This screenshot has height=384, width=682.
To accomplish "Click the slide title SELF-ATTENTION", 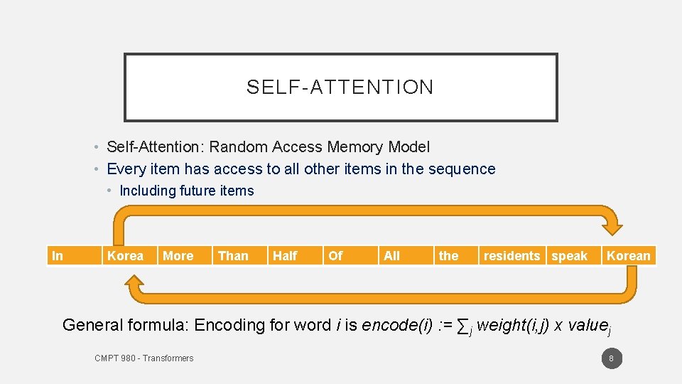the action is (340, 87).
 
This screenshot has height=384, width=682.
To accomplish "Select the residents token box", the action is (512, 256).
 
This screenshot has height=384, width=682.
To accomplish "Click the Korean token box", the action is (629, 256).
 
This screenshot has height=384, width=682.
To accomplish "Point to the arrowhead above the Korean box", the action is (612, 225).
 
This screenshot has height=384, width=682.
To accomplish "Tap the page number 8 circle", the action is (612, 358).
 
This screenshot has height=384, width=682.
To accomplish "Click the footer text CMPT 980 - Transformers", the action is (144, 358).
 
